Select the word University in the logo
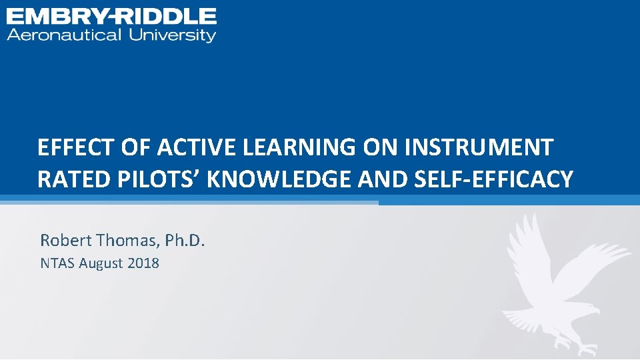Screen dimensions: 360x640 tap(173, 35)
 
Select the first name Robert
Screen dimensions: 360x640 tap(64, 240)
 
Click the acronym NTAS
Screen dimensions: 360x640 tap(57, 263)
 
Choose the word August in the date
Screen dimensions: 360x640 tap(101, 263)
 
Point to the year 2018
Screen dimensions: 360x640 tap(143, 263)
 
